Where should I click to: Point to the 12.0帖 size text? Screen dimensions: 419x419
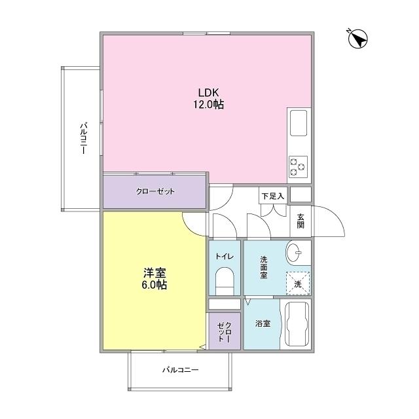(x=208, y=104)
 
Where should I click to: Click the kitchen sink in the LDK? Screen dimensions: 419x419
(x=299, y=122)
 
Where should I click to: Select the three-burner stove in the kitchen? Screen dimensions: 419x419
(x=298, y=166)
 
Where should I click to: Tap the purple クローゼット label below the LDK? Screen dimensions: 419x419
(x=155, y=192)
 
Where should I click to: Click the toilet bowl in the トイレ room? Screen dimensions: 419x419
(x=225, y=282)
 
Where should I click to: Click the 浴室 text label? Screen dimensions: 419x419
(x=262, y=324)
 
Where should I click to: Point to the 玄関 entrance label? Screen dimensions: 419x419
(x=301, y=221)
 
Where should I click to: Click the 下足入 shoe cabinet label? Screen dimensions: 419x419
(x=273, y=195)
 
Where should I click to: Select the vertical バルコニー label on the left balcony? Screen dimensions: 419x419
(x=83, y=138)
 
